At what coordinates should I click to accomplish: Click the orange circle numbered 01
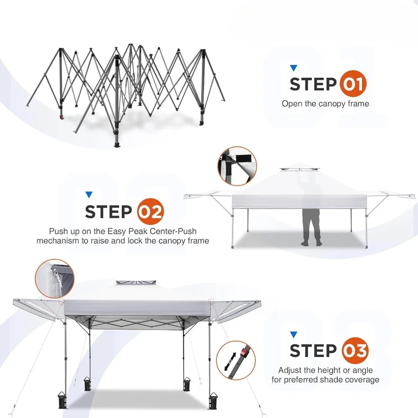353,84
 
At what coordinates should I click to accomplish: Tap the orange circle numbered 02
150,212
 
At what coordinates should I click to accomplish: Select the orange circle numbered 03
355,351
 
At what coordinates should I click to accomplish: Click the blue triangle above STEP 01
293,68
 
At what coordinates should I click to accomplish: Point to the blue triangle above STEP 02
89,195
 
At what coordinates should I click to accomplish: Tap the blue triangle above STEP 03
293,335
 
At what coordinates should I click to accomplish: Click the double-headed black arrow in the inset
230,362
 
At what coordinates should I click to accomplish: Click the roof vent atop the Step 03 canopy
136,283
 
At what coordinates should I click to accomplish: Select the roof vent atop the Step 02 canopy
300,169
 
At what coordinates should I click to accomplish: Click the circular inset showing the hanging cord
55,278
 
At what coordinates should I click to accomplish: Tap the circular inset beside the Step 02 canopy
237,166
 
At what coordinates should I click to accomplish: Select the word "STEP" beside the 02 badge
109,212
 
